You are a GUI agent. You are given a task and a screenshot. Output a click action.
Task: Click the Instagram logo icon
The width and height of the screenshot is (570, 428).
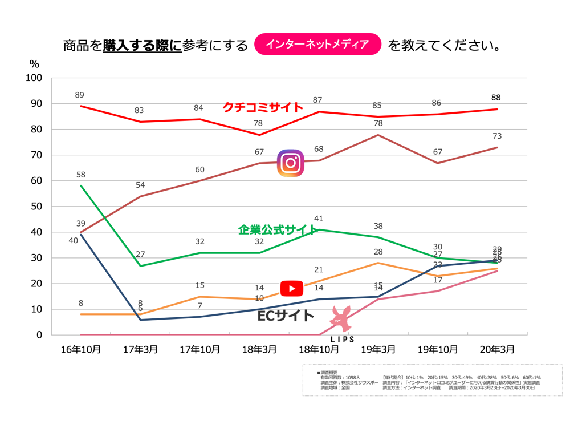tap(291, 163)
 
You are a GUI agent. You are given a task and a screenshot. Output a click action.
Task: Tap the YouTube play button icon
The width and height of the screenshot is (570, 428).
tap(291, 289)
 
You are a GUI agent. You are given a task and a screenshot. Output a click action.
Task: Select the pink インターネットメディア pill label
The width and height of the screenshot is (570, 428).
tap(317, 44)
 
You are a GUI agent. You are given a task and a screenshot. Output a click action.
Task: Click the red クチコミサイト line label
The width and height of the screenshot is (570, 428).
tap(263, 107)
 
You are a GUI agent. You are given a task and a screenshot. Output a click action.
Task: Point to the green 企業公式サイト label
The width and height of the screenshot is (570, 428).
tap(278, 230)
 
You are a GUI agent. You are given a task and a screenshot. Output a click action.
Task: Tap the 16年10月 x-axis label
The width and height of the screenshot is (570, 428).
tap(81, 349)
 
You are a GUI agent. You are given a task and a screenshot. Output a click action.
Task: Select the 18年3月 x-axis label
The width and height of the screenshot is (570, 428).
tap(260, 349)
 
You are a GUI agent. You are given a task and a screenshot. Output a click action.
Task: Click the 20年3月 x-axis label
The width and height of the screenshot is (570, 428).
tap(498, 349)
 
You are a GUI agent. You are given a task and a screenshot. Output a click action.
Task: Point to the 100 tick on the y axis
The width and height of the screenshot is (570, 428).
tap(34, 78)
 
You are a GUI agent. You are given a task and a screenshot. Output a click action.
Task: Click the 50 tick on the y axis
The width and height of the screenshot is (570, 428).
tap(36, 207)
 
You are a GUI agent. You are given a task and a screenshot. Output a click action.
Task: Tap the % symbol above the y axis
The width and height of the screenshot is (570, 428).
tap(34, 64)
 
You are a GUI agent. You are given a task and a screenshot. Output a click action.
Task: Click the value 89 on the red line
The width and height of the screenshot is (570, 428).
tap(79, 95)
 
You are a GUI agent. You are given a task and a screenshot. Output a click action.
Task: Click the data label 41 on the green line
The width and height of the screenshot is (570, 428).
tap(319, 219)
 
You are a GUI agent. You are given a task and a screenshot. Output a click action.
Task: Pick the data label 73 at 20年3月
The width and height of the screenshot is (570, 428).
tap(496, 136)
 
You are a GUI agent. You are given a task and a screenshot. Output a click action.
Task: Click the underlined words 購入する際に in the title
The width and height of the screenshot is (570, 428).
tap(142, 45)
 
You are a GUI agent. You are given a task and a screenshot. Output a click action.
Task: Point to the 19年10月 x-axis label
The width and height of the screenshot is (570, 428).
tap(438, 349)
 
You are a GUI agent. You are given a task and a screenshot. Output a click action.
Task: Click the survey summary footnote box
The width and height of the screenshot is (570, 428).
tap(432, 380)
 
